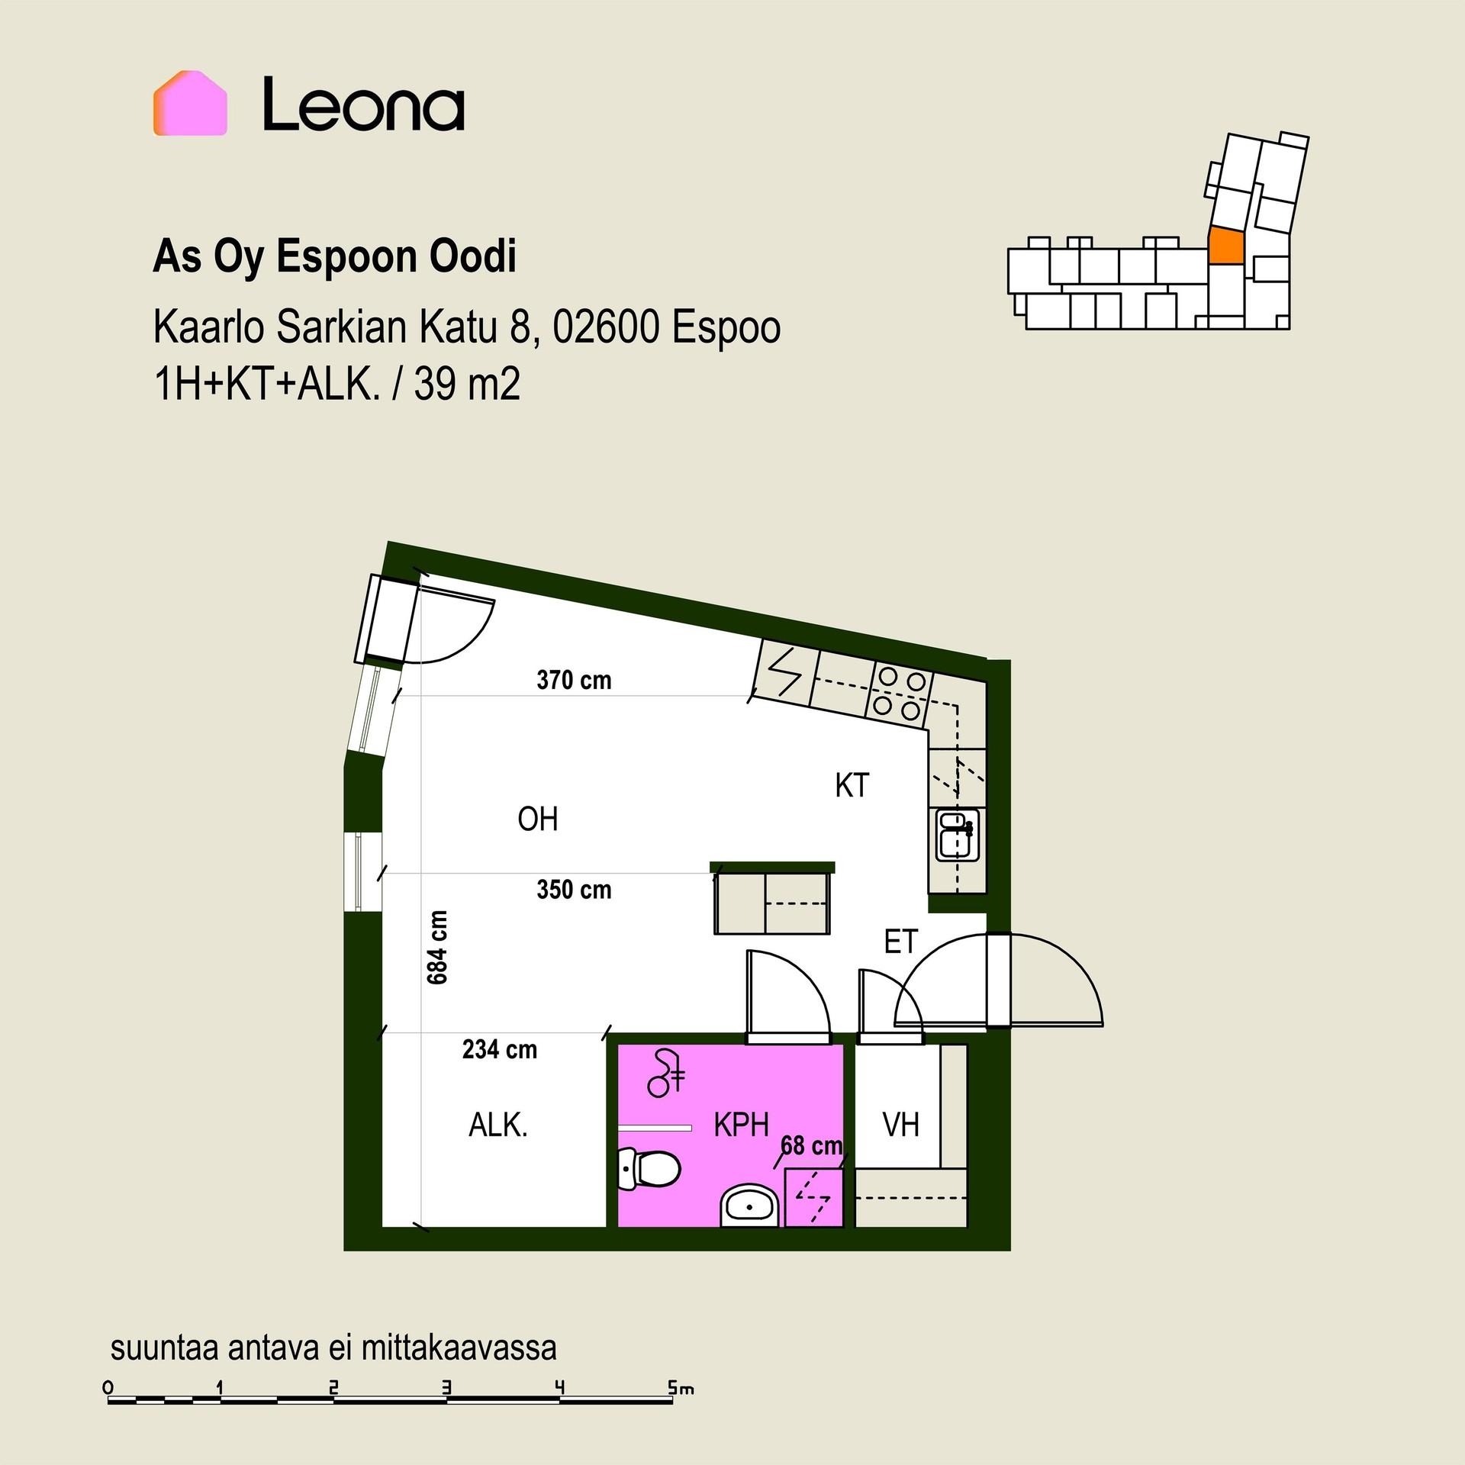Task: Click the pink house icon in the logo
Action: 190,103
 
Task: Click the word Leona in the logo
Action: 363,104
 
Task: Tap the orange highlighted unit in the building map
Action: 1226,246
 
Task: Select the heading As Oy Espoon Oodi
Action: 335,256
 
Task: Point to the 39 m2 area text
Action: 467,384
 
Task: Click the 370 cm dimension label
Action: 574,680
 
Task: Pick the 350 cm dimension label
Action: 574,890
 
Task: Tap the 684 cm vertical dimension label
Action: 437,947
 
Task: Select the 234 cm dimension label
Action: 500,1050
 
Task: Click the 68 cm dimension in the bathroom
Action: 812,1145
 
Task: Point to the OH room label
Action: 538,819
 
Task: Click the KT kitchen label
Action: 852,785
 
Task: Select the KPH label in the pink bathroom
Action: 741,1125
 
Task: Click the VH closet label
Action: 901,1125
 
